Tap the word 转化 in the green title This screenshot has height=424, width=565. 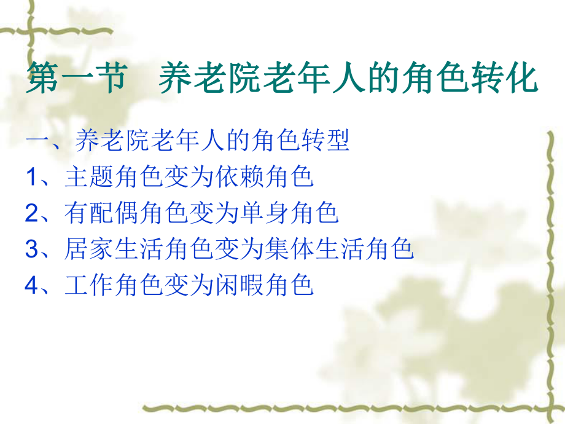[508, 80]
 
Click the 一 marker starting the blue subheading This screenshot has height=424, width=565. [35, 142]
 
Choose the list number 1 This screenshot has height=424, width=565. [32, 178]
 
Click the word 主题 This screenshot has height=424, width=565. [89, 178]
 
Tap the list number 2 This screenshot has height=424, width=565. [32, 213]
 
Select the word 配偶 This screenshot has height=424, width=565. [114, 213]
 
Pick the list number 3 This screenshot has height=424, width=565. [32, 249]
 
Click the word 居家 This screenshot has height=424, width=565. [89, 249]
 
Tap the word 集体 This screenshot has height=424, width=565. [290, 249]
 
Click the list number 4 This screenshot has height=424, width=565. [32, 285]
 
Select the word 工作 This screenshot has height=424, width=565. [89, 285]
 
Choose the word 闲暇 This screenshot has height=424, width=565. [240, 285]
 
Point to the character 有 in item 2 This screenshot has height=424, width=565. [77, 213]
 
